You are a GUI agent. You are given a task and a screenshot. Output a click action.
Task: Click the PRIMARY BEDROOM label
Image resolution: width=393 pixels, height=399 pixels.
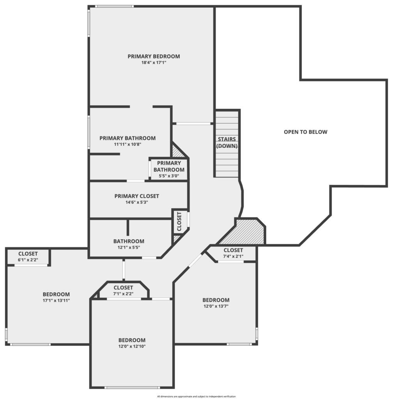pos(154,56)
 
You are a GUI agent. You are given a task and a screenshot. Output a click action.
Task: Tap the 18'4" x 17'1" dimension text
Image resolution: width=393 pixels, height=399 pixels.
pos(154,62)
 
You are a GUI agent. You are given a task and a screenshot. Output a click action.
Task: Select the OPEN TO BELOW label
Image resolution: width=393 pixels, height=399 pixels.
pos(305,132)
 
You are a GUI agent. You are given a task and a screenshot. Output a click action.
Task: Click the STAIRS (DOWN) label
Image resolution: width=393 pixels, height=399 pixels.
pos(227,143)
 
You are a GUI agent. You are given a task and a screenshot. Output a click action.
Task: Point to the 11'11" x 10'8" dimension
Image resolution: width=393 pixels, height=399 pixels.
pos(127,144)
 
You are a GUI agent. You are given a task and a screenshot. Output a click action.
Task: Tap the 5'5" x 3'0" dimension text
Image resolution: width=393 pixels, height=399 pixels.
pos(169,176)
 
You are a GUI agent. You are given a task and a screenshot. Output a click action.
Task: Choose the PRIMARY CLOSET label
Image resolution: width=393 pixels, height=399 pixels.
pos(137,196)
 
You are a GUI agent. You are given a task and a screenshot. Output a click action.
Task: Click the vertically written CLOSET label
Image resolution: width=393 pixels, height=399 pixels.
pos(179,221)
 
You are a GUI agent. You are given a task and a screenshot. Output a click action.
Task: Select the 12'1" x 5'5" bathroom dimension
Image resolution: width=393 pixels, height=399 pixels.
pos(129,247)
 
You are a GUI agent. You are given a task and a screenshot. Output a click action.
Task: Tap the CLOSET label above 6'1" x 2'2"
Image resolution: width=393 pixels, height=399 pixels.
pos(28,254)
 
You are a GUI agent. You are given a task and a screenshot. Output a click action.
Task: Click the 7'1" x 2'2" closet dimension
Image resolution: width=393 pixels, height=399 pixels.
pos(124,294)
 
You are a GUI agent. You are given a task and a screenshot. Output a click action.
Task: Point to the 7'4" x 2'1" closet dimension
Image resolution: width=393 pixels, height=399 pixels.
pos(233,256)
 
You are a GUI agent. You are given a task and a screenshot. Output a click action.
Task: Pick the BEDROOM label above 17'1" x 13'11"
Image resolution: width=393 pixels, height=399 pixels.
pos(56,295)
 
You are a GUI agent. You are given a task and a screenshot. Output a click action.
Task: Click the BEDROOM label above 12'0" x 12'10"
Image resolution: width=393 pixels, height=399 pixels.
pos(132,340)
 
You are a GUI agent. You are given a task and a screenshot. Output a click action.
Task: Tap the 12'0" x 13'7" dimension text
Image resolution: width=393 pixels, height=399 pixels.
pos(216,306)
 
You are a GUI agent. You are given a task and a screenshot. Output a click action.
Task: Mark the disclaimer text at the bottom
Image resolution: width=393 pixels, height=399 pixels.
pos(196,396)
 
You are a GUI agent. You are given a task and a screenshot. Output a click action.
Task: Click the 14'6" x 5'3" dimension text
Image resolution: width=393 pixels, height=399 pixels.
pos(137,202)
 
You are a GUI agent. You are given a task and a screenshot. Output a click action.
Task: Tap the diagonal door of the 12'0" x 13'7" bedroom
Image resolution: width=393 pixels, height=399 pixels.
pos(195,261)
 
